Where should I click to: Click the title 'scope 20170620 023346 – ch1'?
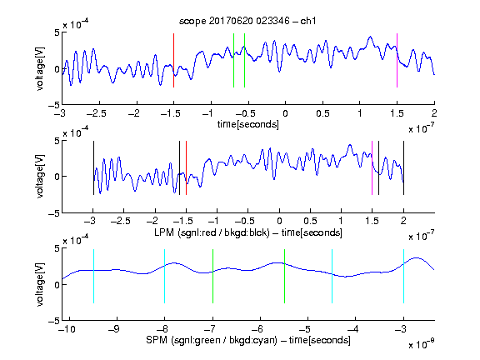[x=247, y=21]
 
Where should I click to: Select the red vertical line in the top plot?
[x=173, y=60]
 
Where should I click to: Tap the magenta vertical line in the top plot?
[x=397, y=60]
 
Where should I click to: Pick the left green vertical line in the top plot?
[x=233, y=60]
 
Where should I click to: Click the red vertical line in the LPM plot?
[x=186, y=167]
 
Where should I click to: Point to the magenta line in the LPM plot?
[x=372, y=167]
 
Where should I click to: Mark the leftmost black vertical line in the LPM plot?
[x=93, y=167]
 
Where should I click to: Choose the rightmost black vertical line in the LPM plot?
[x=403, y=167]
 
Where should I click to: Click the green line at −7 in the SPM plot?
[x=212, y=276]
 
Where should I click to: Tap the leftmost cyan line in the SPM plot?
[x=93, y=276]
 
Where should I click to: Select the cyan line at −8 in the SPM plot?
[x=165, y=276]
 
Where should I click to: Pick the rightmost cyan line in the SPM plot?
[x=403, y=276]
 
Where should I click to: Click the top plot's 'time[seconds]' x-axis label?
[x=248, y=124]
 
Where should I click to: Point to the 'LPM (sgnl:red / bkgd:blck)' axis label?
[x=212, y=232]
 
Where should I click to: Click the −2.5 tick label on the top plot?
[x=97, y=113]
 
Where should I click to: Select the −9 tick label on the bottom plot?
[x=114, y=329]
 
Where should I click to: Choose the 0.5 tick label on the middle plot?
[x=310, y=221]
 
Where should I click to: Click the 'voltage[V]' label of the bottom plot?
[x=40, y=284]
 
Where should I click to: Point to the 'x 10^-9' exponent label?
[x=421, y=344]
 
